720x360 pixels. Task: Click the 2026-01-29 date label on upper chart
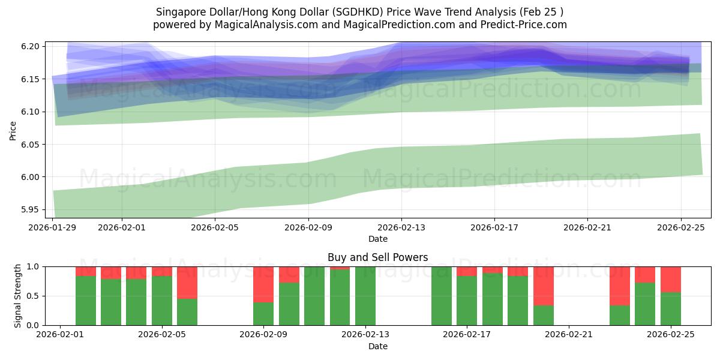click(53, 227)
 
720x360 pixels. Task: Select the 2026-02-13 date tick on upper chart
click(401, 227)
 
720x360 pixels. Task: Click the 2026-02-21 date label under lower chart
click(567, 335)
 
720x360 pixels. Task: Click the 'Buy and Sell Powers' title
click(377, 257)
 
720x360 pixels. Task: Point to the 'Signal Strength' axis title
click(18, 296)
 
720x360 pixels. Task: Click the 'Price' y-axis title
click(13, 130)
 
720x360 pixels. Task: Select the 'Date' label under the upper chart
click(377, 239)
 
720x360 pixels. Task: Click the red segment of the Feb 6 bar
click(187, 282)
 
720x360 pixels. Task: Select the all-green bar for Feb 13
click(365, 296)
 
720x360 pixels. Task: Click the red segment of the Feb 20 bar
click(544, 286)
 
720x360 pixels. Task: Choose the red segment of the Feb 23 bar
click(620, 286)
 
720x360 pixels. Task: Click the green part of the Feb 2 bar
click(86, 301)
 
